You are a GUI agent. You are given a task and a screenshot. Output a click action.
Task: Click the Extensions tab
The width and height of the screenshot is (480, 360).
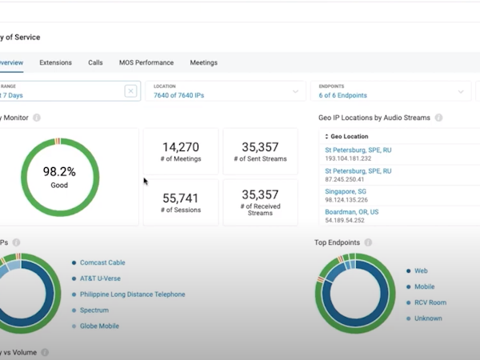(55, 62)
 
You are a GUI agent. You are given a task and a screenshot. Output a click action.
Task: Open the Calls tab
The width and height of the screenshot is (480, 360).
(95, 62)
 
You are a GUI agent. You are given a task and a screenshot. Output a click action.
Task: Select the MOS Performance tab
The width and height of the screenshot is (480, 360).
(146, 62)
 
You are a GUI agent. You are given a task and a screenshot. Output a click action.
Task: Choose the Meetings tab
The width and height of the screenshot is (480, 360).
(203, 62)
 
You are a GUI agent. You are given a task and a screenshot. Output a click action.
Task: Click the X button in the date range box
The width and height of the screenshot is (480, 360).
(130, 91)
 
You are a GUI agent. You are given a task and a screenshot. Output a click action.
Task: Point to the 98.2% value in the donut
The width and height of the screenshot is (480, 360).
(59, 171)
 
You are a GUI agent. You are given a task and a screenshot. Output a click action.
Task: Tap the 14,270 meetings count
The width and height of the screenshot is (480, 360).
(181, 147)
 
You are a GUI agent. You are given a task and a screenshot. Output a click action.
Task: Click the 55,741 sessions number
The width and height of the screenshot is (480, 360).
(181, 198)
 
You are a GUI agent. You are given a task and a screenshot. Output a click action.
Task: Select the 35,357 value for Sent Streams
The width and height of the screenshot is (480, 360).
(260, 147)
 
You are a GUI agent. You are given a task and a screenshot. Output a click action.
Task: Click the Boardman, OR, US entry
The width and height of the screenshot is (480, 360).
(351, 212)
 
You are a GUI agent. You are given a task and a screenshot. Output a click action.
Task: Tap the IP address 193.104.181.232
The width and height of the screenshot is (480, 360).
(350, 158)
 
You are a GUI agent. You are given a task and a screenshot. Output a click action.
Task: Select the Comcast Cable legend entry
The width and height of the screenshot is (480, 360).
(102, 262)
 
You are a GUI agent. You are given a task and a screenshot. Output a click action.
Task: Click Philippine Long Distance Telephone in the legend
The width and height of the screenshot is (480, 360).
(132, 294)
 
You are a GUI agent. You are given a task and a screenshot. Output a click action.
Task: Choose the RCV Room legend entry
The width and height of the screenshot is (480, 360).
(430, 302)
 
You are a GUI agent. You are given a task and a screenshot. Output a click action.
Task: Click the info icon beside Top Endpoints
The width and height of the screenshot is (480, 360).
(368, 242)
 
